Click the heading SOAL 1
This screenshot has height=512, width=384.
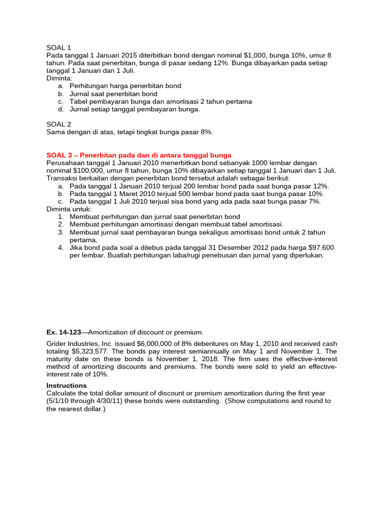[x=58, y=47]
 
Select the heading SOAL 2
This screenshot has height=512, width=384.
[x=58, y=124]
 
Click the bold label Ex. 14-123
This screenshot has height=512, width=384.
[x=63, y=332]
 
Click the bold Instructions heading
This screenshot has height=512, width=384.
[x=66, y=385]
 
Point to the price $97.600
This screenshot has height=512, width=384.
[x=317, y=247]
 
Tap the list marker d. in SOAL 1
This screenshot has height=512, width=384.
[x=60, y=109]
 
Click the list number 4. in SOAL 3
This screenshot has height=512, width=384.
[x=60, y=247]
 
